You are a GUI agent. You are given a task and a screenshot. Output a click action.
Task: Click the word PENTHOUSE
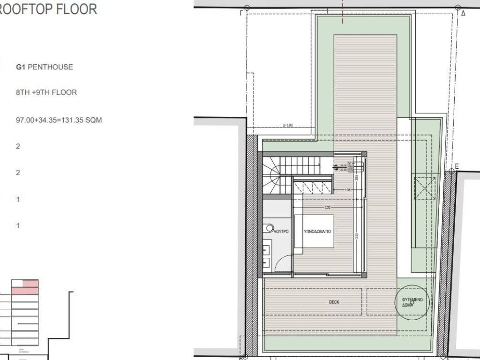click(x=51, y=67)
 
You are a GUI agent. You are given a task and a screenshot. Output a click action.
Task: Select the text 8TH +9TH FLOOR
click(x=46, y=93)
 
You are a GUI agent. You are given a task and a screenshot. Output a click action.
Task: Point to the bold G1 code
click(x=20, y=67)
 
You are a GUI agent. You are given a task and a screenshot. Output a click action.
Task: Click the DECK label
click(x=334, y=302)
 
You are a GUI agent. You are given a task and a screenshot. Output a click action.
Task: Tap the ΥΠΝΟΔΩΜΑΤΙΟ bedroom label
click(x=317, y=232)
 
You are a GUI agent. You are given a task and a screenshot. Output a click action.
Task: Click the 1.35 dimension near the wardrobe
click(x=348, y=190)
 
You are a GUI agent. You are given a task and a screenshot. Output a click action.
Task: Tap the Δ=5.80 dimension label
click(x=288, y=126)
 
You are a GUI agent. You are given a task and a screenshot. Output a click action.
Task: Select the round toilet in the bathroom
click(x=269, y=228)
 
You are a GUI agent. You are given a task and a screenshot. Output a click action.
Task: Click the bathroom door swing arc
click(x=283, y=263)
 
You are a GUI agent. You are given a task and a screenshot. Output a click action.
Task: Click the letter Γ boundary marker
click(x=241, y=14)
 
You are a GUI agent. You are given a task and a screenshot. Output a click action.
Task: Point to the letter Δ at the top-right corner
click(x=463, y=14)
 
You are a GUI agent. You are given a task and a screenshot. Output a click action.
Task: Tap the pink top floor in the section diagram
click(x=30, y=284)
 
